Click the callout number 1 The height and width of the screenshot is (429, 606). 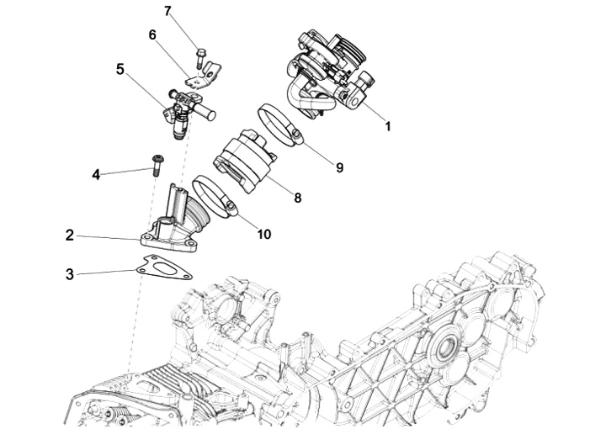coord(388,127)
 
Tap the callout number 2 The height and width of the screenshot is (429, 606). coord(70,236)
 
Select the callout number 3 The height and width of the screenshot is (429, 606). coord(70,274)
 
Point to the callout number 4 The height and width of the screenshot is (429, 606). coord(96,175)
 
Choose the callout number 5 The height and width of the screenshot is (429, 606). coord(120,69)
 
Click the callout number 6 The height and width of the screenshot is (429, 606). coord(152,35)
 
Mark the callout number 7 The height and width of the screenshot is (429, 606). coord(167,11)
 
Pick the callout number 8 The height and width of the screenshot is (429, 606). coord(297,198)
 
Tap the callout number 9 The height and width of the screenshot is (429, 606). coord(339,167)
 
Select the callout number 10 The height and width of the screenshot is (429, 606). coord(263,234)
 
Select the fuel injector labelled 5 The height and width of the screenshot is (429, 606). coord(183,114)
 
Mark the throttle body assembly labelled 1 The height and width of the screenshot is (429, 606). coord(328,71)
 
